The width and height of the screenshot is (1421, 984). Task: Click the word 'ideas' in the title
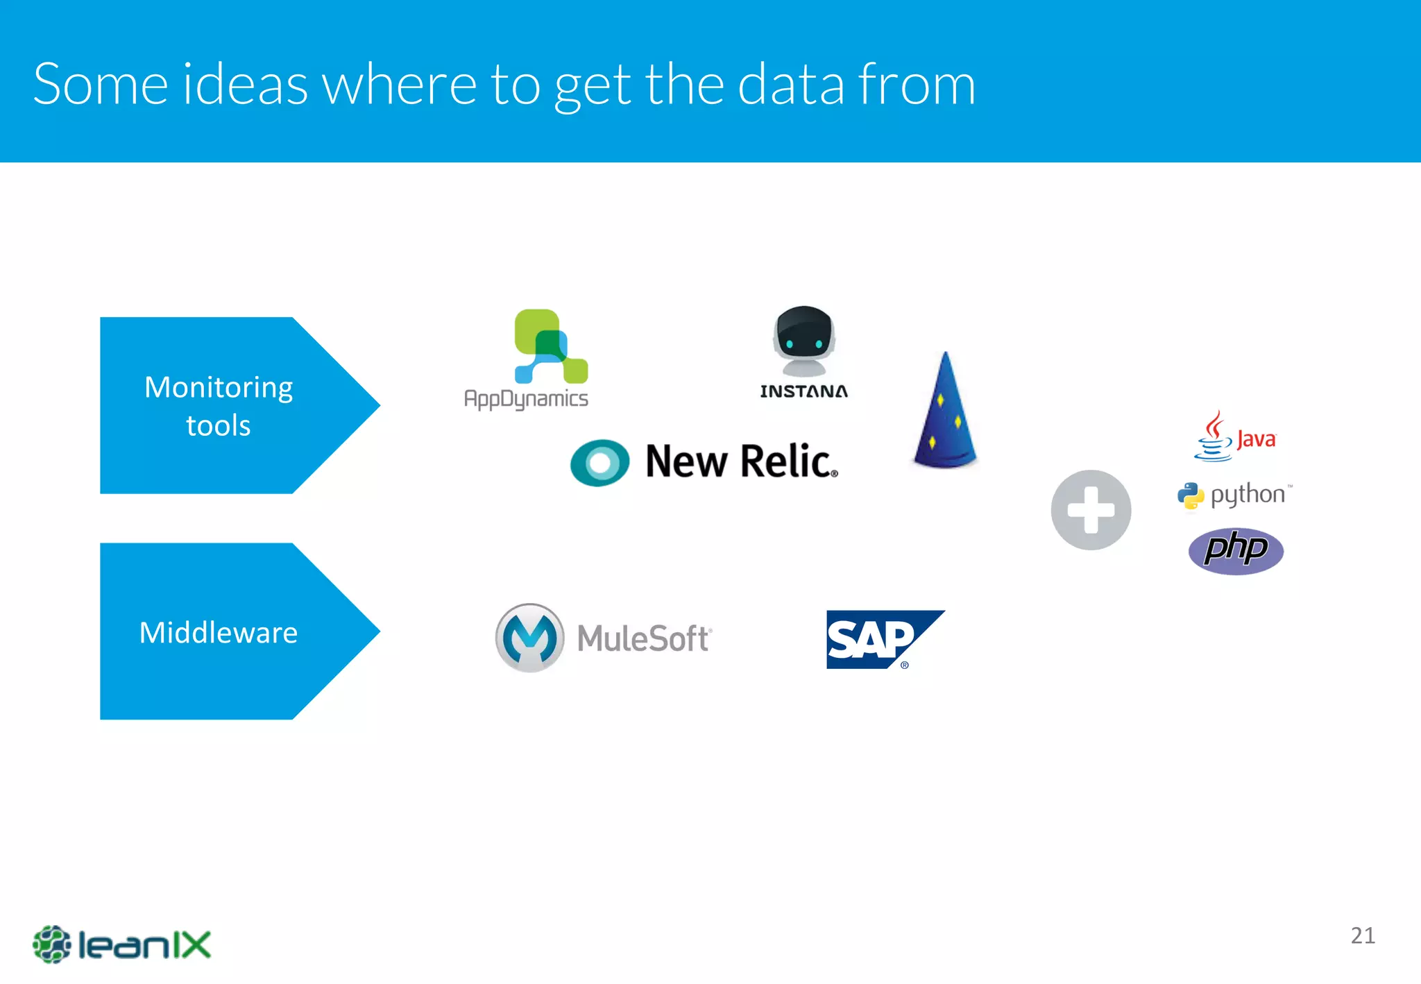pyautogui.click(x=246, y=85)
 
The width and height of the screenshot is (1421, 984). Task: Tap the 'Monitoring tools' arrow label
pyautogui.click(x=219, y=406)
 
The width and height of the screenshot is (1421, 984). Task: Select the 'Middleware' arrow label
pyautogui.click(x=219, y=632)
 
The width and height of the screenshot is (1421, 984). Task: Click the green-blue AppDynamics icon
pyautogui.click(x=550, y=346)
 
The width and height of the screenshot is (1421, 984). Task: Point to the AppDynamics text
pyautogui.click(x=526, y=399)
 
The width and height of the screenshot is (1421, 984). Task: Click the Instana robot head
pyautogui.click(x=803, y=341)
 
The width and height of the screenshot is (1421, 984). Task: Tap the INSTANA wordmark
pyautogui.click(x=803, y=391)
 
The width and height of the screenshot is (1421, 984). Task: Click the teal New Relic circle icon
pyautogui.click(x=599, y=462)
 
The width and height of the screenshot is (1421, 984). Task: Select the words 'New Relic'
pyautogui.click(x=740, y=461)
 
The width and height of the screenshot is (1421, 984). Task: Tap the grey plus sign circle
pyautogui.click(x=1091, y=510)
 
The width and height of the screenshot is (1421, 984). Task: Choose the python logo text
pyautogui.click(x=1247, y=495)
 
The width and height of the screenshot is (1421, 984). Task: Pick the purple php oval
pyautogui.click(x=1236, y=551)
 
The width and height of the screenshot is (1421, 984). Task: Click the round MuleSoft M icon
pyautogui.click(x=529, y=638)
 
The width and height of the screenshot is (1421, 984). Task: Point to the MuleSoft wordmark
pyautogui.click(x=644, y=638)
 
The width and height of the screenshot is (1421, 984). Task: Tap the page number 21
pyautogui.click(x=1363, y=935)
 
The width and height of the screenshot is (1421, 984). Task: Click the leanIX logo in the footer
pyautogui.click(x=121, y=944)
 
